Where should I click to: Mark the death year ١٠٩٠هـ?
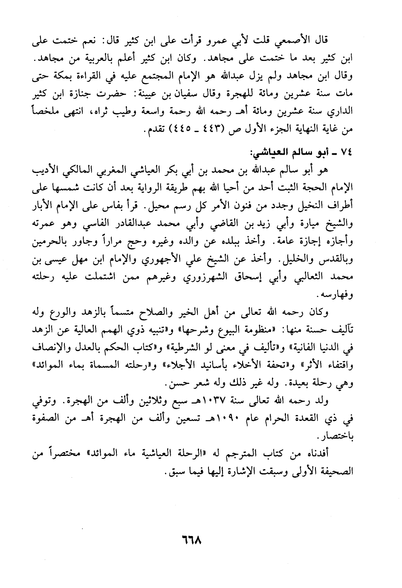[223, 418]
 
